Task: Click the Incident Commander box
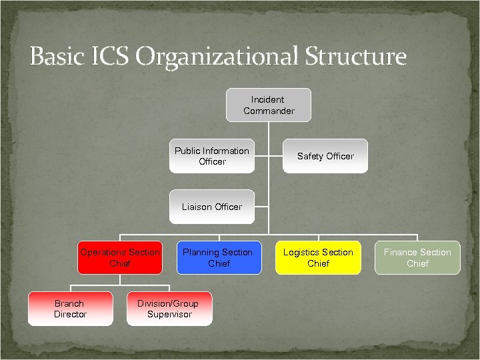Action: click(x=268, y=105)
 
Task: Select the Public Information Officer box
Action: click(x=212, y=156)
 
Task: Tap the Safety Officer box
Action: click(x=325, y=156)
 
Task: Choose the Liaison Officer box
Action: click(x=212, y=207)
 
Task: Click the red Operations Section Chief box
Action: click(x=120, y=257)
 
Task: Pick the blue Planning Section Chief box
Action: click(x=218, y=257)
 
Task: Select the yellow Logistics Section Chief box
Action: click(x=318, y=257)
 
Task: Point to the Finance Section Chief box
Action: click(x=417, y=257)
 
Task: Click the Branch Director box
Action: click(x=70, y=309)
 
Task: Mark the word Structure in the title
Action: click(x=355, y=56)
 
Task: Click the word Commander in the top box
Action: click(x=269, y=111)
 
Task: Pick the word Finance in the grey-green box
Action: click(x=400, y=253)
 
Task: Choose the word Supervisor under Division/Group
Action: click(x=169, y=314)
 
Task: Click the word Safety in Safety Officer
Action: click(x=310, y=157)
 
